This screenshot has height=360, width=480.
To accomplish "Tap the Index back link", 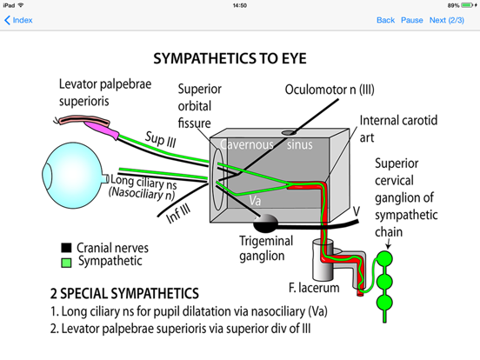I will click(x=19, y=20).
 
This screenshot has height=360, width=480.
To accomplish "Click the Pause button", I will click(x=411, y=20).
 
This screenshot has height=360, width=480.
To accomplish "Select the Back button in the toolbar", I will click(x=385, y=20).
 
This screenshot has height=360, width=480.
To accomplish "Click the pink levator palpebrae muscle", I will click(x=118, y=128).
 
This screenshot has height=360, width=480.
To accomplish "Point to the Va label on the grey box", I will click(x=254, y=199).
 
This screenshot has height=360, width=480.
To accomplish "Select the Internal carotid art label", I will click(x=392, y=130).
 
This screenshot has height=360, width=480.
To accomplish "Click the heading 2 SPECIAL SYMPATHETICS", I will click(x=125, y=293).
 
